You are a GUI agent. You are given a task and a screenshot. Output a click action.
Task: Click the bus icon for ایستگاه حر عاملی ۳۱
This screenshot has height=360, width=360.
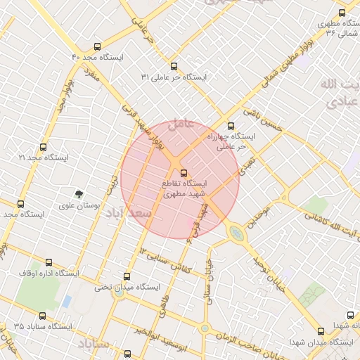pyautogui.click(x=174, y=65)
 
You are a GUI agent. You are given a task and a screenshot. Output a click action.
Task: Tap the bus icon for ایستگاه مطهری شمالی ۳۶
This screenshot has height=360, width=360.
pyautogui.click(x=342, y=12)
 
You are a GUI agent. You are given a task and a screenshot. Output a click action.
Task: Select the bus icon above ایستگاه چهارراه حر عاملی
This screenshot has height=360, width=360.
pyautogui.click(x=231, y=127)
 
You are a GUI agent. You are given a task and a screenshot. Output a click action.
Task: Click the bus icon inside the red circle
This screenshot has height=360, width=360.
pyautogui.click(x=183, y=172)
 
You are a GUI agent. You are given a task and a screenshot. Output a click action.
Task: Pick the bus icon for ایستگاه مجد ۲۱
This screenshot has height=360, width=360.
pyautogui.click(x=44, y=148)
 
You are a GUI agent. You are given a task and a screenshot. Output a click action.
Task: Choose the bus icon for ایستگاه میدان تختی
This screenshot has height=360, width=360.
pyautogui.click(x=127, y=276)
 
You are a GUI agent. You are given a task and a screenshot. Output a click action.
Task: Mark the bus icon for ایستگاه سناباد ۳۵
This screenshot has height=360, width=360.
pyautogui.click(x=43, y=316)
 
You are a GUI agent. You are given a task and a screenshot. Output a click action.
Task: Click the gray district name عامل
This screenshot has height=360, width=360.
pyautogui.click(x=182, y=122)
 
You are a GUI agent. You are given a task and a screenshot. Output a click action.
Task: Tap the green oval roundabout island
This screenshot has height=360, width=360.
pyautogui.click(x=236, y=231)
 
